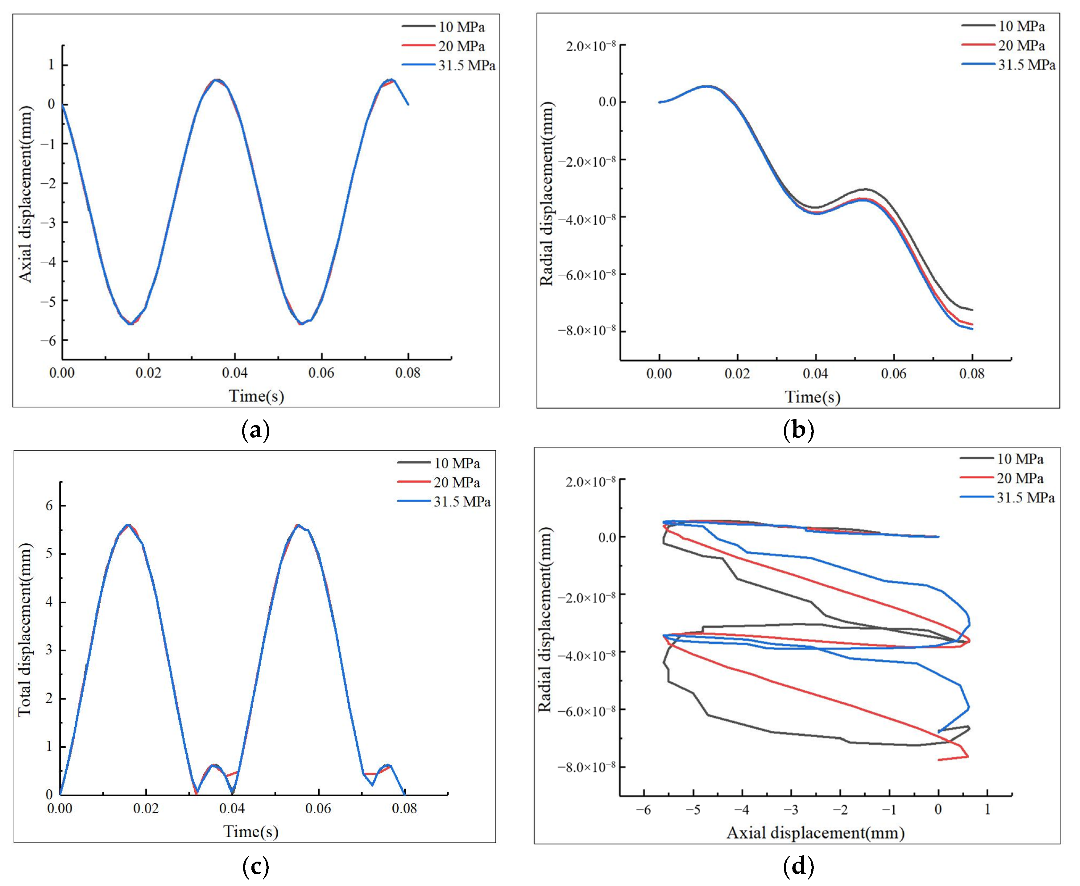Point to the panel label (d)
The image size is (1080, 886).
point(798,867)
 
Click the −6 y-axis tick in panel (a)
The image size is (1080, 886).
point(51,340)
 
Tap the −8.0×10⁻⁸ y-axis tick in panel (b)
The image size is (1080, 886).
point(587,331)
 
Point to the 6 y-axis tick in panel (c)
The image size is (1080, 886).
point(49,506)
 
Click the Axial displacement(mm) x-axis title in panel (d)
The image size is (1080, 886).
point(815,834)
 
